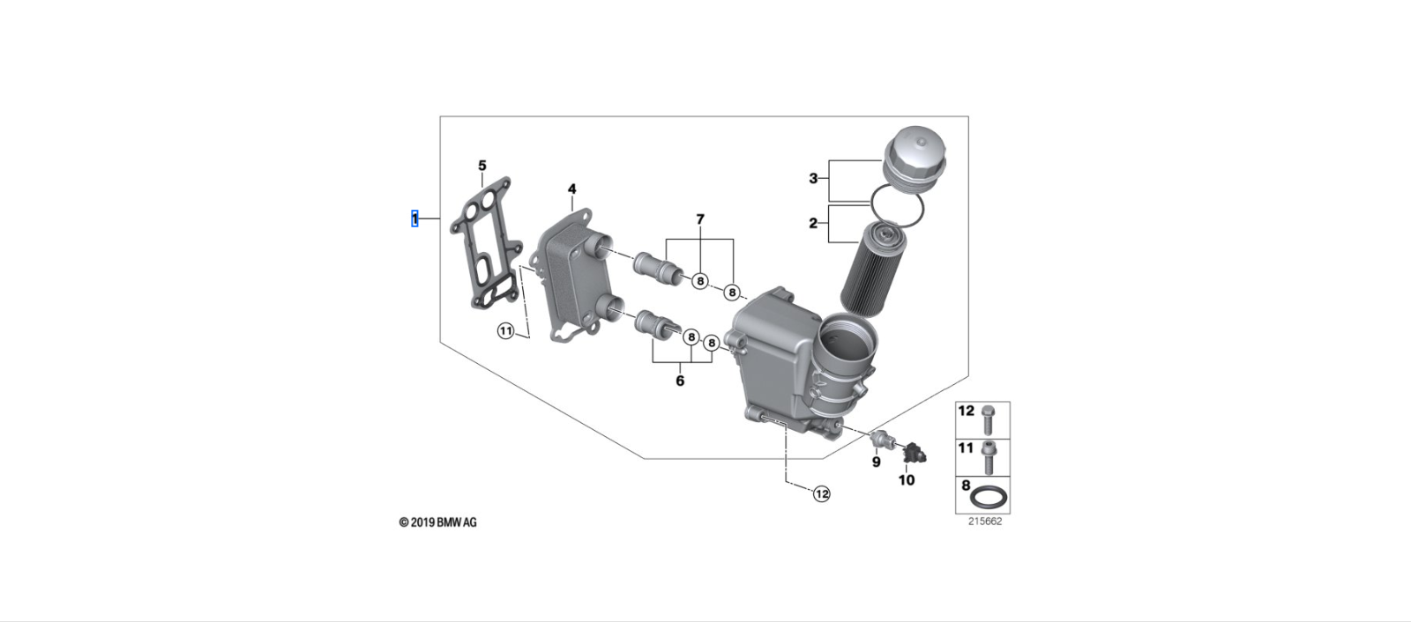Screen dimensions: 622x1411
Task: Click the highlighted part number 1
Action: [x=414, y=218]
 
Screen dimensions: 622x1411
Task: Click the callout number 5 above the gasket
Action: [x=482, y=166]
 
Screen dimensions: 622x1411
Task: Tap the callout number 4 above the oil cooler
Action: [x=571, y=189]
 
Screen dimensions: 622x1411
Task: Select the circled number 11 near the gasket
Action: [x=505, y=331]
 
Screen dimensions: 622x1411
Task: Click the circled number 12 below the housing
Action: [x=821, y=494]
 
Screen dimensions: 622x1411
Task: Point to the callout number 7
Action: [x=700, y=219]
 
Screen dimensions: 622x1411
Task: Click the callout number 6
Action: [x=680, y=381]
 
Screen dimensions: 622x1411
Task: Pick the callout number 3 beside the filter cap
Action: [x=813, y=179]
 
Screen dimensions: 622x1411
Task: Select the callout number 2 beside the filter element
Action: [x=813, y=224]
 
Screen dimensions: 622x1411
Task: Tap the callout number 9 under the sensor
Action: [x=876, y=462]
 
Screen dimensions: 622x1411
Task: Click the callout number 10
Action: [x=907, y=480]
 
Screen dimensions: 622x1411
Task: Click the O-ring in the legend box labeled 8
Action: [x=989, y=499]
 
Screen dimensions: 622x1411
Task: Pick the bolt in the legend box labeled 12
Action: [x=989, y=418]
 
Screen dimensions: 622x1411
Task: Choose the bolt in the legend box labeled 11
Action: [x=989, y=456]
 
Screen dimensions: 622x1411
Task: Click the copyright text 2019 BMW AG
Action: [x=438, y=522]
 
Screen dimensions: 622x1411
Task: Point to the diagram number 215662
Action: [x=984, y=521]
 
